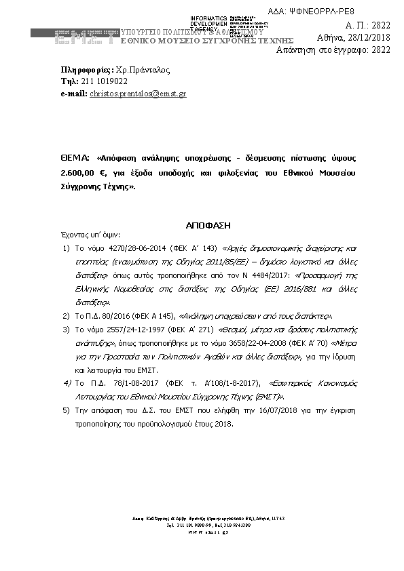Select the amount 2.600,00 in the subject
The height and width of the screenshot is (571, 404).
77,172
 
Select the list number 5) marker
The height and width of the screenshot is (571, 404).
66,411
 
